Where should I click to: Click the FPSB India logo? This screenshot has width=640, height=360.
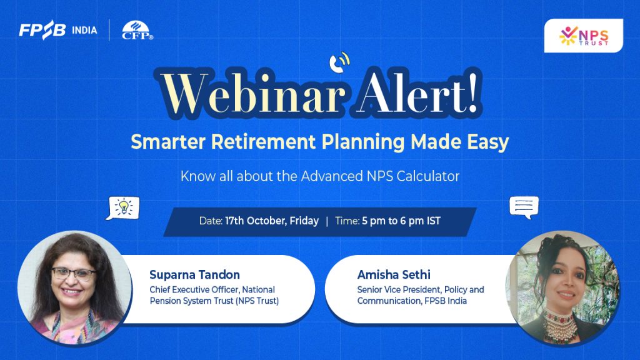point(58,30)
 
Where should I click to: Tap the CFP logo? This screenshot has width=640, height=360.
point(137,31)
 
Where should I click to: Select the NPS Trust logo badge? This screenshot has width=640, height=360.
point(583,36)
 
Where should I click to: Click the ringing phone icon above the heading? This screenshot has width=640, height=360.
point(339,62)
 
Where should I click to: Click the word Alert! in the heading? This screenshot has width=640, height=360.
point(417,94)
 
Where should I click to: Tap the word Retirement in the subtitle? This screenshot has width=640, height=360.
point(263,142)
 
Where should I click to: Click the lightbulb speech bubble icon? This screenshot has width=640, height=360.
point(122,208)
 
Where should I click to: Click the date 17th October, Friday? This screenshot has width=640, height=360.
point(272,221)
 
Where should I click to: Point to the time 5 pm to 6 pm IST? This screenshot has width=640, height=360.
point(401,221)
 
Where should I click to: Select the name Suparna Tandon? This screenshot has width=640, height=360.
point(195,275)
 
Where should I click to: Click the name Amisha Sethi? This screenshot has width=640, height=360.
point(394,275)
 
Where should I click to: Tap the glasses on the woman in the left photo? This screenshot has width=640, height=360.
point(73,274)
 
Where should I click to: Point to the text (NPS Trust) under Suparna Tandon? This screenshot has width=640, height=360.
point(257,301)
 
